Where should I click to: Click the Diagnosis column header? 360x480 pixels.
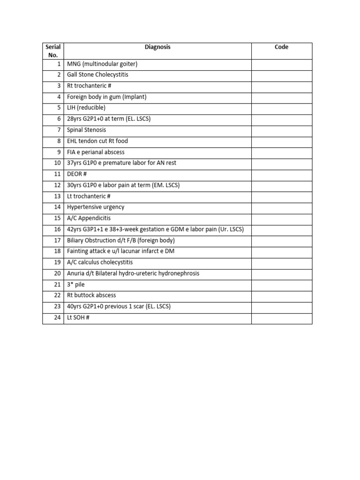pos(157,47)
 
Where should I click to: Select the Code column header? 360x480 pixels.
pos(281,47)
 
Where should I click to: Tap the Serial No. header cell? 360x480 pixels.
pos(53,51)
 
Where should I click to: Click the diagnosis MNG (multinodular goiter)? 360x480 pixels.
pos(102,64)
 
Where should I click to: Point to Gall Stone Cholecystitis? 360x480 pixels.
pos(97,75)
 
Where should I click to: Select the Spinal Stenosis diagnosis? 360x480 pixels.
pos(87,130)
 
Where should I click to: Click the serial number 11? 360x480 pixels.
pos(58,174)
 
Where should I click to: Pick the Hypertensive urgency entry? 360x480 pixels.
pos(96,207)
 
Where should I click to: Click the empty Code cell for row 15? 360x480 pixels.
pos(281,218)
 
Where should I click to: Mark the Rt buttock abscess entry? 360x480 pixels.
pos(91,295)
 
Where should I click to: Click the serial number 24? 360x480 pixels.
pos(58,318)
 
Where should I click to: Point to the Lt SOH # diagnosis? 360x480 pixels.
pos(78,318)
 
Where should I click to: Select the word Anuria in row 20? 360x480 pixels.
pos(75,273)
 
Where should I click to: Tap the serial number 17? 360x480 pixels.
pos(58,240)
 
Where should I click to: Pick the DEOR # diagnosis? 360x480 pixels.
pos(77,174)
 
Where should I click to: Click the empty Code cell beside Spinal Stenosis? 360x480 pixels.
pos(281,130)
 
